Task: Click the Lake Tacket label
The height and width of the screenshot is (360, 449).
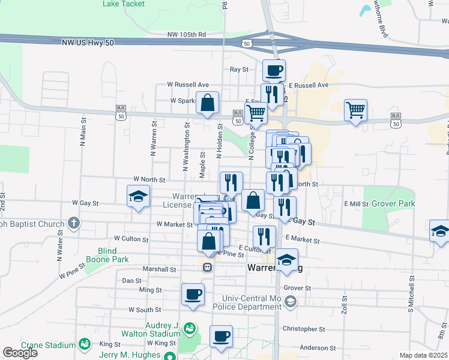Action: (x=124, y=4)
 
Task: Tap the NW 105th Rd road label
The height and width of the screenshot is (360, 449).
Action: (x=187, y=34)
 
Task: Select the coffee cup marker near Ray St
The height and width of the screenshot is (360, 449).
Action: (x=274, y=71)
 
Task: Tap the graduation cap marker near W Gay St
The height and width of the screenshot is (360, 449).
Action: (x=138, y=196)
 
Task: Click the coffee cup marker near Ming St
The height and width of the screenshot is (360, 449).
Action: (x=193, y=295)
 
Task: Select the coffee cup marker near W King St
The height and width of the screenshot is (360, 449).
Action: (x=221, y=336)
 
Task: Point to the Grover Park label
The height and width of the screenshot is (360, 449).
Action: (x=393, y=204)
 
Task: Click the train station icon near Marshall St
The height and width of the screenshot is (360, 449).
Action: (x=207, y=267)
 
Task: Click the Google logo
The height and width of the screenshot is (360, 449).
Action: (x=20, y=353)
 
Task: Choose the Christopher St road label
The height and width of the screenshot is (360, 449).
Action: (x=303, y=329)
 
